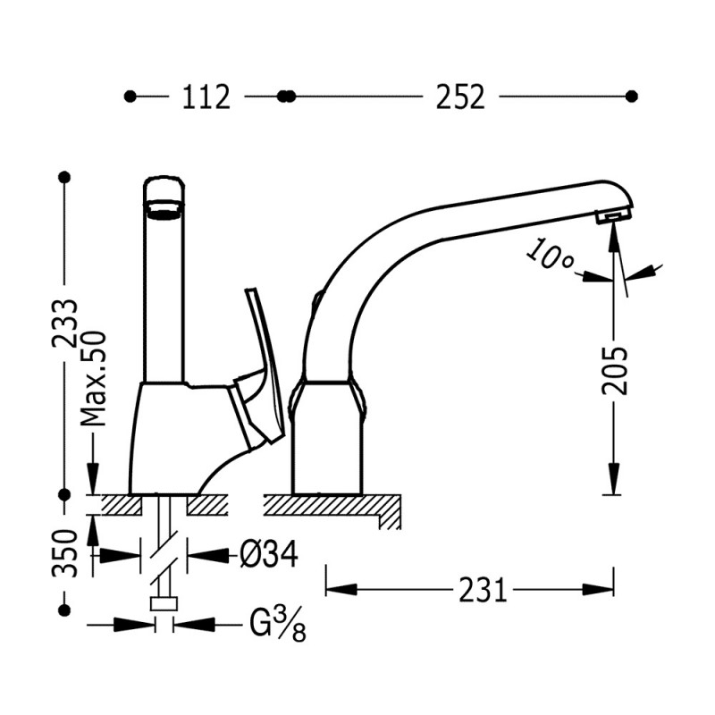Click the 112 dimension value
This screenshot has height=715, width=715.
point(206,97)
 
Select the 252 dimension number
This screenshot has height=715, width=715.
point(460,97)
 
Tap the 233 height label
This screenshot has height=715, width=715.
point(64,324)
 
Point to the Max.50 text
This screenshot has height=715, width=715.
point(93,378)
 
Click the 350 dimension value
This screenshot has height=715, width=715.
point(64,553)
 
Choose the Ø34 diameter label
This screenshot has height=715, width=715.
point(269,554)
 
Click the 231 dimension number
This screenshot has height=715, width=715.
point(483,590)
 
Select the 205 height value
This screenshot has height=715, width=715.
point(614,371)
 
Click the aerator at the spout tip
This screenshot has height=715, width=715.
point(614,214)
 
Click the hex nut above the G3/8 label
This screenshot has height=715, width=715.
point(164,604)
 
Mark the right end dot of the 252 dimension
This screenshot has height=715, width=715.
point(632,97)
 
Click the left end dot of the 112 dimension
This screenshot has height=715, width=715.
point(130,97)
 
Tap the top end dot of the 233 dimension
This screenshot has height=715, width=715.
point(64,176)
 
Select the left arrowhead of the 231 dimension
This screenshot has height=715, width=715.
point(341,590)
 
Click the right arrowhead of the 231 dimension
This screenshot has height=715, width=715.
point(598,590)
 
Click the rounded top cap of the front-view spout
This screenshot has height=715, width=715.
point(164,188)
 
